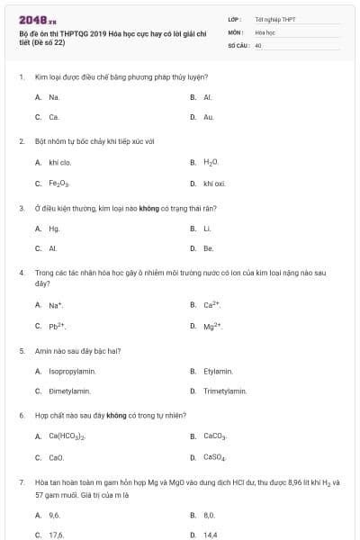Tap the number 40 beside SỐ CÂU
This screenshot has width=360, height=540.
click(x=258, y=44)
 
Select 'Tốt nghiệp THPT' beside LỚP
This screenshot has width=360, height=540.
click(x=275, y=19)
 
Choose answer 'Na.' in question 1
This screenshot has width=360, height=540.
click(x=55, y=96)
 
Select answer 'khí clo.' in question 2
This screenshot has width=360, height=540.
click(x=60, y=163)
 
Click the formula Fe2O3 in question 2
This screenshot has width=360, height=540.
click(x=58, y=184)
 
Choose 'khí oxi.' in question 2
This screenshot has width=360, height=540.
click(x=214, y=184)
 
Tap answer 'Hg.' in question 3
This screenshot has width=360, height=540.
click(x=55, y=229)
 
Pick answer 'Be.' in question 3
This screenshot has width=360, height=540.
click(x=209, y=248)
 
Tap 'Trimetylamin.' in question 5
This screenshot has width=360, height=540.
click(x=225, y=391)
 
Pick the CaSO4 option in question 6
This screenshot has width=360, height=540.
click(x=215, y=457)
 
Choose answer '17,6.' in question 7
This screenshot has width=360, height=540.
click(x=57, y=535)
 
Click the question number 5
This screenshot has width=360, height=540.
click(x=21, y=350)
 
